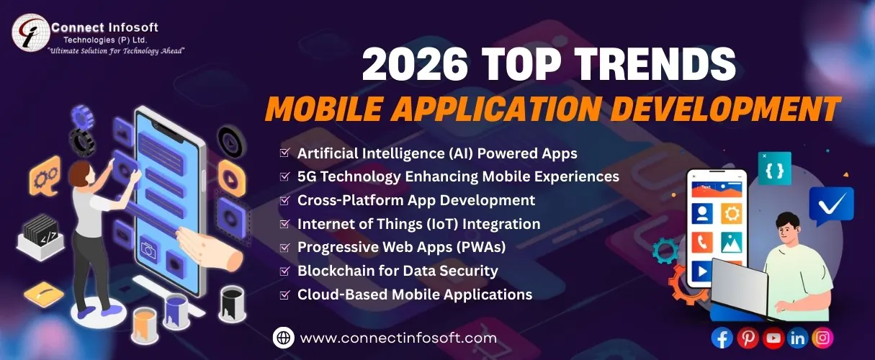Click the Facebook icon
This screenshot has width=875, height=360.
[722, 337]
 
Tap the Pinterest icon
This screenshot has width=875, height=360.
[748, 337]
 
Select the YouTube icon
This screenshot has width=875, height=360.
[773, 337]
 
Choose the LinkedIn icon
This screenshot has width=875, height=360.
[797, 337]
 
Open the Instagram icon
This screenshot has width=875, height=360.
[822, 337]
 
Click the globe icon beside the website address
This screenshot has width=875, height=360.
[284, 337]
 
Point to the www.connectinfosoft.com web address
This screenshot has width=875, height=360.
[398, 337]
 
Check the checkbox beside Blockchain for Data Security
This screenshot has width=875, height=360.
[284, 271]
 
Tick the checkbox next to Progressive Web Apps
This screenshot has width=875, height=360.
[284, 247]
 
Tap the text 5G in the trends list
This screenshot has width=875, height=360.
[307, 176]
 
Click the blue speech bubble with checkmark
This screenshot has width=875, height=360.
[831, 204]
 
